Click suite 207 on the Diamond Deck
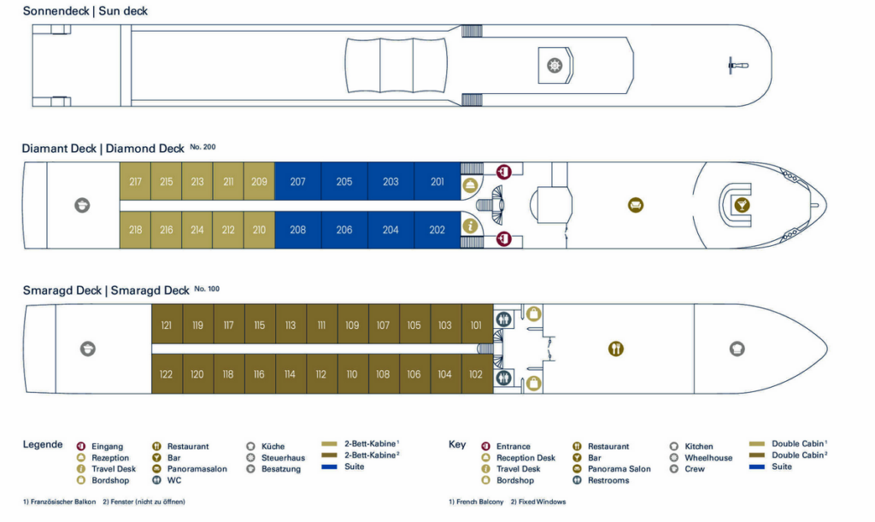point(298,181)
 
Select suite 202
point(437,230)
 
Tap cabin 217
point(135,181)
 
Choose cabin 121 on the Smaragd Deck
point(167,325)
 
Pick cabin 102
point(476,374)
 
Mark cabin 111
point(321,325)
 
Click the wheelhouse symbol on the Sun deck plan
point(554,65)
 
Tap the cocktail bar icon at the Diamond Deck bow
point(742,205)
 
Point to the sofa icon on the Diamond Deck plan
point(636,205)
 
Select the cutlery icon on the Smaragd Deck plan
point(615,349)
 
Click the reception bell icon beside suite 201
point(470,185)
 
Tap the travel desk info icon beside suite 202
point(470,226)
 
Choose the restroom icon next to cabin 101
point(504,320)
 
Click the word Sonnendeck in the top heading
point(56,11)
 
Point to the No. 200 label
point(203,147)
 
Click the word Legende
point(43,444)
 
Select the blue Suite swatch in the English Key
point(757,466)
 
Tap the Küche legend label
point(273,446)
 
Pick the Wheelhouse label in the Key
point(708,458)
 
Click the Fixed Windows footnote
point(538,502)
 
